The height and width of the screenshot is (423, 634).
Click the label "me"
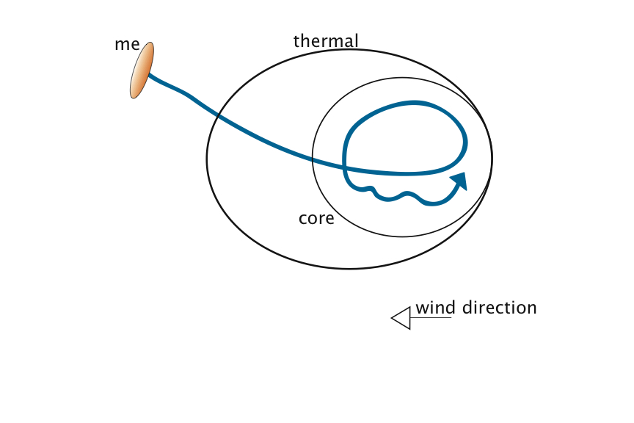(127, 44)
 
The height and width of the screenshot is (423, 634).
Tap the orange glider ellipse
(142, 70)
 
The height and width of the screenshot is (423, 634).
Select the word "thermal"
(326, 41)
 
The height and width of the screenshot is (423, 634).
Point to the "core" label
(316, 218)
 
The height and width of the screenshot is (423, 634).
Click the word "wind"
(435, 308)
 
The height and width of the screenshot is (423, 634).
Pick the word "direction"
(499, 308)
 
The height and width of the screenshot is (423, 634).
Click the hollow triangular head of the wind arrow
(401, 318)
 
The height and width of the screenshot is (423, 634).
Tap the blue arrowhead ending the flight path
(459, 181)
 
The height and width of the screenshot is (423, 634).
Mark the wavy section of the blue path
(396, 196)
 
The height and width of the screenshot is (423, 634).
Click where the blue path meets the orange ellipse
(149, 74)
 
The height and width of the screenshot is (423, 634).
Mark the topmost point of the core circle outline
(402, 78)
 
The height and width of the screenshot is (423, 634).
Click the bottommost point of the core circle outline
(402, 236)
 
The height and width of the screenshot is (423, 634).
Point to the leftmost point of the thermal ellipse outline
(207, 159)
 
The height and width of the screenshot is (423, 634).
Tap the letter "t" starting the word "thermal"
(296, 41)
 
